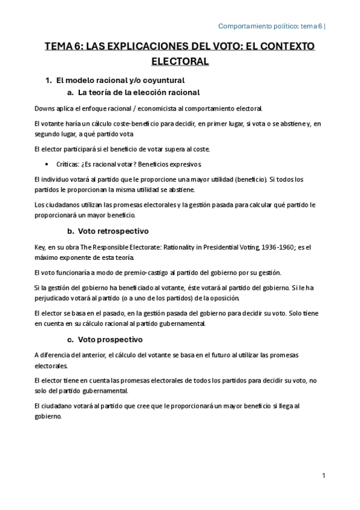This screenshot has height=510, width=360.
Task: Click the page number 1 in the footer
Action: (323, 475)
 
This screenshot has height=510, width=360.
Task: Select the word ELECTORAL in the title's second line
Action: (180, 61)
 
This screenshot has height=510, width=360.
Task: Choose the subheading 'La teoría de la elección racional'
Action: (139, 93)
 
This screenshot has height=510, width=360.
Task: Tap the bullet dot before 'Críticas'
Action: (47, 164)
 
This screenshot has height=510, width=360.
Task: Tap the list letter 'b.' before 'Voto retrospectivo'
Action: (70, 231)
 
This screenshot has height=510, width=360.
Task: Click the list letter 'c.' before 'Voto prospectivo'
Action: (70, 339)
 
